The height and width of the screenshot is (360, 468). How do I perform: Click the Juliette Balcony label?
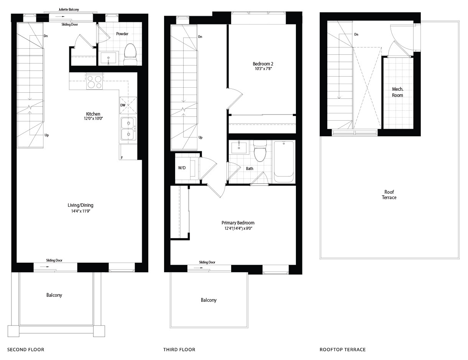pyautogui.click(x=69, y=10)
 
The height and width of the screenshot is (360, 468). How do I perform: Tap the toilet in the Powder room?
pyautogui.click(x=131, y=54)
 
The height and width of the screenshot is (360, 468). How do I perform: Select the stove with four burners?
pyautogui.click(x=95, y=81)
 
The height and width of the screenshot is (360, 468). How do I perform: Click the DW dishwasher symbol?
pyautogui.click(x=128, y=105)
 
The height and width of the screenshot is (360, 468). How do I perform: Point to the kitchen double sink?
pyautogui.click(x=128, y=128)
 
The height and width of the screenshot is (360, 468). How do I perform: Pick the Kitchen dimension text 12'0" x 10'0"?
pyautogui.click(x=93, y=118)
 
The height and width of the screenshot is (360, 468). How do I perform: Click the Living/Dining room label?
pyautogui.click(x=80, y=205)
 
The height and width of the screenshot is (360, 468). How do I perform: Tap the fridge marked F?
pyautogui.click(x=128, y=152)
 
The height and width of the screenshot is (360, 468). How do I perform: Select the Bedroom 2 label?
pyautogui.click(x=263, y=64)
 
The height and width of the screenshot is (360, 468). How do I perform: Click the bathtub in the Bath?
pyautogui.click(x=284, y=162)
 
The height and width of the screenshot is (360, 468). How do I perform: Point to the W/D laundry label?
pyautogui.click(x=182, y=168)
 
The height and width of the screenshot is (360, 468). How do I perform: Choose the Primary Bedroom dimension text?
pyautogui.click(x=238, y=228)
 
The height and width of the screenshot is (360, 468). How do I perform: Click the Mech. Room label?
pyautogui.click(x=397, y=92)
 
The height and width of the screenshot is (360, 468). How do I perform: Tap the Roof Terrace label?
pyautogui.click(x=389, y=195)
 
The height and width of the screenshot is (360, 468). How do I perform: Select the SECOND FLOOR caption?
pyautogui.click(x=26, y=350)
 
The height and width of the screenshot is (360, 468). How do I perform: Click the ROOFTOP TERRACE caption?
pyautogui.click(x=343, y=350)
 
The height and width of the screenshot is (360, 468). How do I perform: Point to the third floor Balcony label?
pyautogui.click(x=209, y=300)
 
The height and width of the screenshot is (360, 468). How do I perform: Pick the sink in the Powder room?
pyautogui.click(x=108, y=58)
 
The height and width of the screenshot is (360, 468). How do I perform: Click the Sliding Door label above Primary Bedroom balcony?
pyautogui.click(x=207, y=262)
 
